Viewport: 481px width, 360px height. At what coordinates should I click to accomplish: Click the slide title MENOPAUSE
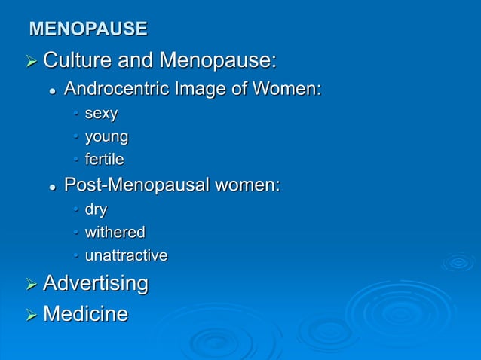pos(87,29)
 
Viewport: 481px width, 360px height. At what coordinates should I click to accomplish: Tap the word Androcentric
pos(117,90)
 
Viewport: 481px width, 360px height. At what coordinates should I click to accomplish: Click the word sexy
pos(101,114)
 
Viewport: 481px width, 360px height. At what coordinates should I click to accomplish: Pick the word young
pos(106,137)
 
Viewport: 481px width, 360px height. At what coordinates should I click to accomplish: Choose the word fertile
pos(104,160)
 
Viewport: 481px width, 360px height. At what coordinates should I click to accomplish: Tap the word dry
pos(96,209)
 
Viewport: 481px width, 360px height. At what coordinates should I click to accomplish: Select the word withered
pos(115,232)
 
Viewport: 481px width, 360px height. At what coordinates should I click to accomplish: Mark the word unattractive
pos(126,255)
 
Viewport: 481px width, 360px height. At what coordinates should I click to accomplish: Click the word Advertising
pos(96,284)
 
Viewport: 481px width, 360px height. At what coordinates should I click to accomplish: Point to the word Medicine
pos(85,313)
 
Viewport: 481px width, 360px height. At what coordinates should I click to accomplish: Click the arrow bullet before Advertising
pos(32,285)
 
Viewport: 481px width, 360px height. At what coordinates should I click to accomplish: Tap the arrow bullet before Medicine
pos(32,313)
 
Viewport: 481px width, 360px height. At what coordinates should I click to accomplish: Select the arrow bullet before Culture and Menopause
pos(32,60)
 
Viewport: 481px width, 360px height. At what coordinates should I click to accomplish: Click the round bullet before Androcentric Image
pos(52,91)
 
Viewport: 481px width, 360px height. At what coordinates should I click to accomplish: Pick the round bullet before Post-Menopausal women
pos(52,186)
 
